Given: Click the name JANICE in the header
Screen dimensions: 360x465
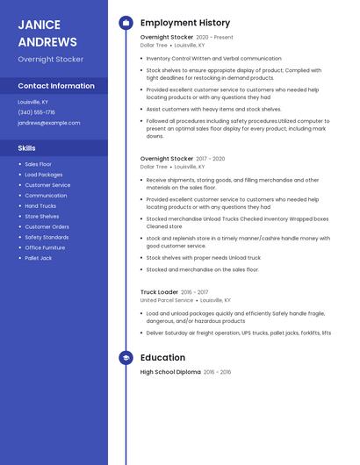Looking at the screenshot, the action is (39, 25).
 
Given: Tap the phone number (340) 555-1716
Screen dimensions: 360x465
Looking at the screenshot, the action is (36, 112).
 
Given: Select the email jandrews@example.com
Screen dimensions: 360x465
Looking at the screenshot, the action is (48, 123).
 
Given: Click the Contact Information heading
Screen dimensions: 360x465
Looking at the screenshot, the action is (56, 86).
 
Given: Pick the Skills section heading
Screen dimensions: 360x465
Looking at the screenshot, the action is (27, 148).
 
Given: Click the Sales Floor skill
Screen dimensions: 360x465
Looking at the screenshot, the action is (38, 164).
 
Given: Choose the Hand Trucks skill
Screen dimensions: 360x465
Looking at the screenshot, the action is (40, 206).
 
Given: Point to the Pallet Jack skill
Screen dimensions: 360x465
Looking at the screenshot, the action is (38, 258).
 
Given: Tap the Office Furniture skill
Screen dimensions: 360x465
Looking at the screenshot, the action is (45, 247).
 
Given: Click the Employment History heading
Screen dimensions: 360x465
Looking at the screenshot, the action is (185, 23).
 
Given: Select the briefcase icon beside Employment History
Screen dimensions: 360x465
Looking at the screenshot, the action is (126, 23).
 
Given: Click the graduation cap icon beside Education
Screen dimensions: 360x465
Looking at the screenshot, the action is (126, 358).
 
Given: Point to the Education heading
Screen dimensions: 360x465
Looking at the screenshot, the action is (162, 358).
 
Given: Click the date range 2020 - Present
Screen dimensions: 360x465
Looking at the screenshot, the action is (214, 38).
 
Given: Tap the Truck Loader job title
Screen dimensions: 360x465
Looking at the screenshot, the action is (159, 292).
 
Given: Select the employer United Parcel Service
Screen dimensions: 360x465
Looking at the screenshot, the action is (167, 300).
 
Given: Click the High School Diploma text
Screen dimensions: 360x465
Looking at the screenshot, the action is (170, 372).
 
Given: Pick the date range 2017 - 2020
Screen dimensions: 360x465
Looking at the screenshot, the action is (211, 159).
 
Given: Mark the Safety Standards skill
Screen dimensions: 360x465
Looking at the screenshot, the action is (47, 237).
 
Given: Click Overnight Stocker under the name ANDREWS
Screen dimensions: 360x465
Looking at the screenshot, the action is (51, 60).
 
